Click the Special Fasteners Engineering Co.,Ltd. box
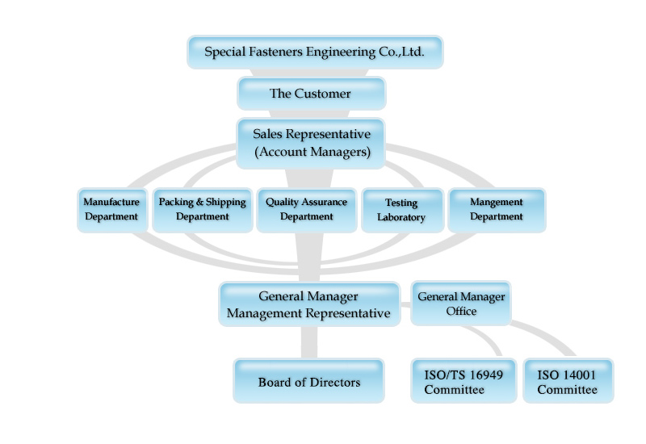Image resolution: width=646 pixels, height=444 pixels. click(x=315, y=52)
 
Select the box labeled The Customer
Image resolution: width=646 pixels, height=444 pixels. click(x=311, y=94)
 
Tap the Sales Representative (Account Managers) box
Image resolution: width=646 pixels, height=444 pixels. click(x=311, y=144)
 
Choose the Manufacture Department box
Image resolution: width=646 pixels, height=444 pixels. click(x=111, y=210)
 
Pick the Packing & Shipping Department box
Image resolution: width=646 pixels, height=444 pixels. click(x=202, y=210)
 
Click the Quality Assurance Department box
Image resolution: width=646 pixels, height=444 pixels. click(x=306, y=210)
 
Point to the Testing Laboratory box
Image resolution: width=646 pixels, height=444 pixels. click(x=401, y=211)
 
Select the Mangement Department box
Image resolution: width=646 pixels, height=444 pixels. click(x=497, y=210)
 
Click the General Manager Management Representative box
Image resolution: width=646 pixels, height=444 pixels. click(x=308, y=304)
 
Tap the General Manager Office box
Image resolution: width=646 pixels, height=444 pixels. click(x=461, y=304)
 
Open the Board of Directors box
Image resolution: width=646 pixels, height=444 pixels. click(x=308, y=382)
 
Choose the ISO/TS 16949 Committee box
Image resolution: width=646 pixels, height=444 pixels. click(x=464, y=382)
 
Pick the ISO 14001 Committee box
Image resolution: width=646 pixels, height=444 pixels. click(x=568, y=382)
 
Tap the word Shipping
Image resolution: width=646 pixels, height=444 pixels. click(x=226, y=202)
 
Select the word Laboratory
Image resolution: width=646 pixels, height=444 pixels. click(x=401, y=218)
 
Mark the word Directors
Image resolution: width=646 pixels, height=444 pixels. click(x=333, y=382)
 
